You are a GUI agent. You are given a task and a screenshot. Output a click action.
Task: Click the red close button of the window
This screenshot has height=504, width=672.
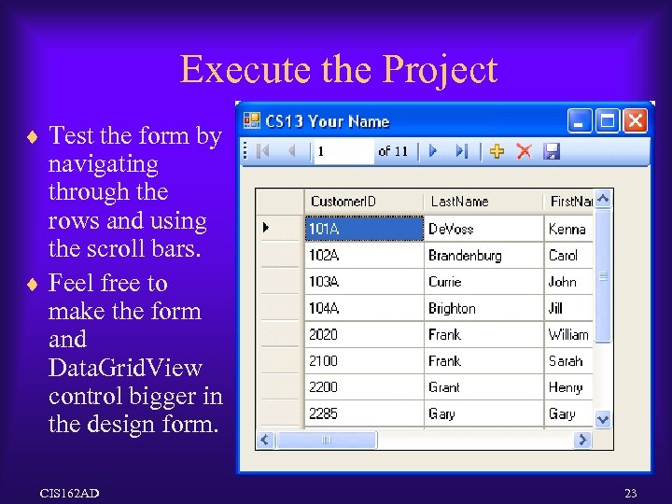[636, 120]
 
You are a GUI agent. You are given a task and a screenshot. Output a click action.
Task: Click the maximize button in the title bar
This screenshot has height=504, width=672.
[608, 120]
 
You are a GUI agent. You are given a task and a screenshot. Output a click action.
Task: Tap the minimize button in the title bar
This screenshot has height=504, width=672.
[580, 120]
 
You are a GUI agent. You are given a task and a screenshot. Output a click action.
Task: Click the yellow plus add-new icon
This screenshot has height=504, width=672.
[497, 151]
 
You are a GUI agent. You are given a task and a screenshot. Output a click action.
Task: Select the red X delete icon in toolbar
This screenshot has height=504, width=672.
[524, 151]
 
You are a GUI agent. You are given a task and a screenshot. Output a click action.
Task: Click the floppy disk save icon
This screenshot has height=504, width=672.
[551, 151]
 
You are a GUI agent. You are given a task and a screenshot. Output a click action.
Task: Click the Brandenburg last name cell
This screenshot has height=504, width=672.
[466, 255]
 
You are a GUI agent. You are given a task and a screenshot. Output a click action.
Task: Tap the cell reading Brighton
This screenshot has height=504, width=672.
[453, 308]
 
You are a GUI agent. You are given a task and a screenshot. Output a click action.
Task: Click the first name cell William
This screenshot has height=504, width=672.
[568, 334]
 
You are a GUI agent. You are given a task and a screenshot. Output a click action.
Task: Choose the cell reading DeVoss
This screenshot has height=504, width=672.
[452, 229]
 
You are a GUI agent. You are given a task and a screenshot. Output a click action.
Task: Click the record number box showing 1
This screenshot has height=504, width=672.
[342, 151]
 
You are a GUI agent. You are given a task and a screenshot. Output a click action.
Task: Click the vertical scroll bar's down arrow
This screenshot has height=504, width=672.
[603, 420]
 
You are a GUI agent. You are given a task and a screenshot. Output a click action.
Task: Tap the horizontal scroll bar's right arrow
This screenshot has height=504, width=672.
[583, 440]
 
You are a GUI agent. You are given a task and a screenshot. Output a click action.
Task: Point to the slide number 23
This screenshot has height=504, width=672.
[630, 492]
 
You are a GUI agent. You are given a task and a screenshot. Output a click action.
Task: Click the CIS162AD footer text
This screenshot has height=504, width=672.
[70, 492]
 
